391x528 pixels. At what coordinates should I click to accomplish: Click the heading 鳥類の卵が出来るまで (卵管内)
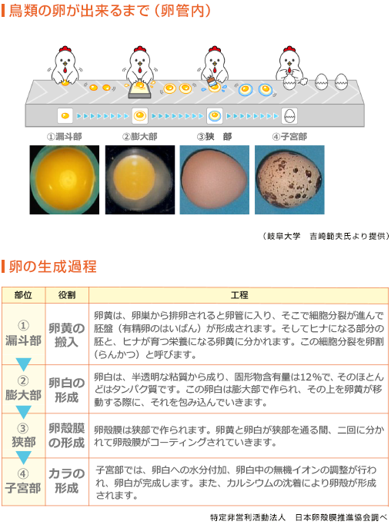[x=110, y=11]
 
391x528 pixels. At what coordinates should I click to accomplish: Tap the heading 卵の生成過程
[x=52, y=267]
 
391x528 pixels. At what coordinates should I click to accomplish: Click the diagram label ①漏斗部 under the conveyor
[x=65, y=136]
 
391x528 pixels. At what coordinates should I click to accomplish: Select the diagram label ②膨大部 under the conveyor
[x=139, y=136]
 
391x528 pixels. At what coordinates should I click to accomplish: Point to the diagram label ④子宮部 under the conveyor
[x=289, y=136]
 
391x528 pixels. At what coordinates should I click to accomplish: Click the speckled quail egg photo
[x=289, y=180]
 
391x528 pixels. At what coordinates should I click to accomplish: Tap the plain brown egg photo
[x=215, y=180]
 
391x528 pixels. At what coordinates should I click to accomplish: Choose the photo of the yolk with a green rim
[x=65, y=180]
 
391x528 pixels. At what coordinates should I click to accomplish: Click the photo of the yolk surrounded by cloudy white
[x=140, y=180]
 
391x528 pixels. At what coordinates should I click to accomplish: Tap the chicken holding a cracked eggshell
[x=290, y=68]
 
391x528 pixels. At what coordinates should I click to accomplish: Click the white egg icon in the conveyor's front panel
[x=289, y=116]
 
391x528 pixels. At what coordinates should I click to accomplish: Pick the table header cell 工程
[x=239, y=295]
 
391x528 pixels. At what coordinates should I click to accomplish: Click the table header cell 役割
[x=67, y=295]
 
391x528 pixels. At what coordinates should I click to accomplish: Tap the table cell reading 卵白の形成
[x=67, y=390]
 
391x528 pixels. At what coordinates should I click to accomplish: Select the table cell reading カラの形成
[x=67, y=481]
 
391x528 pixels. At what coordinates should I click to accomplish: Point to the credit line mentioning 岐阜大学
[x=326, y=236]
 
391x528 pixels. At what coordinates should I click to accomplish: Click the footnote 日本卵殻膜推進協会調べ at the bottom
[x=341, y=517]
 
